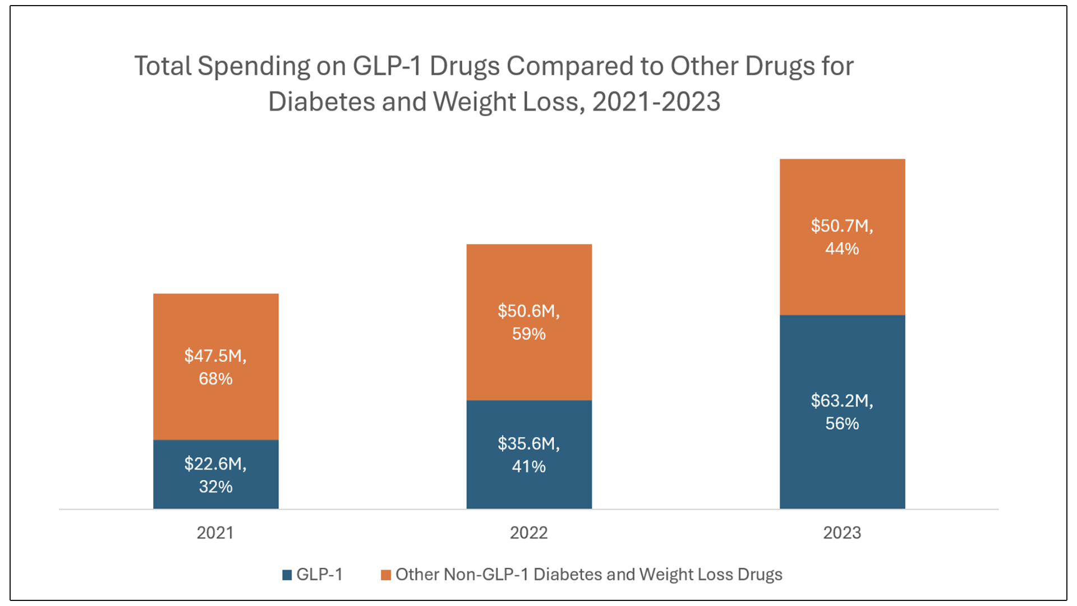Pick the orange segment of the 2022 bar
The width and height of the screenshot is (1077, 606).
[529, 275]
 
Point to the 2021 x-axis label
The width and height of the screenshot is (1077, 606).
[215, 532]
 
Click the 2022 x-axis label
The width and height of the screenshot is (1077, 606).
[529, 532]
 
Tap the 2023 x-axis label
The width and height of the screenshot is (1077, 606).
[842, 532]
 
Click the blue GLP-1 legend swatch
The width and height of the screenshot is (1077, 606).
[287, 575]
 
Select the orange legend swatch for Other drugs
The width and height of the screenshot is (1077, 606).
[386, 575]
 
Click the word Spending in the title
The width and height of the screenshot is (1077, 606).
[254, 67]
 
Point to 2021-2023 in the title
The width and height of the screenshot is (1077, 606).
[656, 102]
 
